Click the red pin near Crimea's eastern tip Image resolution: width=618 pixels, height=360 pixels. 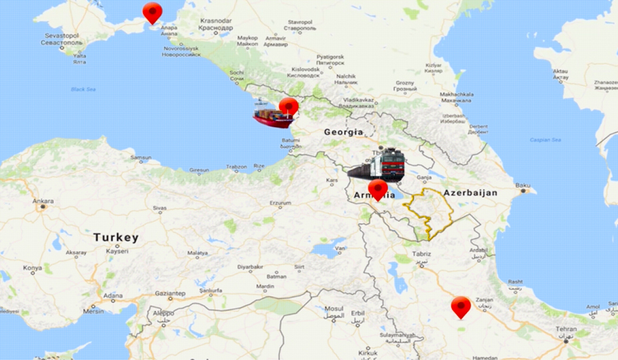pos(152,13)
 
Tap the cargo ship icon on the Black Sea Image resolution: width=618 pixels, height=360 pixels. pos(271,116)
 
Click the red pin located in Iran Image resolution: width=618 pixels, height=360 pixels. pos(461,307)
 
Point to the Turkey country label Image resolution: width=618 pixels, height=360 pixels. pos(116,237)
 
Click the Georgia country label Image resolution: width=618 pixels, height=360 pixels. pos(344,132)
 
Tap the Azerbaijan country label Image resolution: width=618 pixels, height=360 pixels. pos(472,193)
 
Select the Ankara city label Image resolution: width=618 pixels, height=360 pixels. pos(42,201)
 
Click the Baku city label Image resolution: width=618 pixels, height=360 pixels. pos(523,186)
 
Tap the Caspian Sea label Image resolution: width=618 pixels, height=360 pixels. pos(545,140)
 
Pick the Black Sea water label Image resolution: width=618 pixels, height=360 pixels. pos(83,89)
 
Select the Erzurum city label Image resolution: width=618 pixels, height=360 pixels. pos(281,204)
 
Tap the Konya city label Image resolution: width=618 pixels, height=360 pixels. pos(32,268)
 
